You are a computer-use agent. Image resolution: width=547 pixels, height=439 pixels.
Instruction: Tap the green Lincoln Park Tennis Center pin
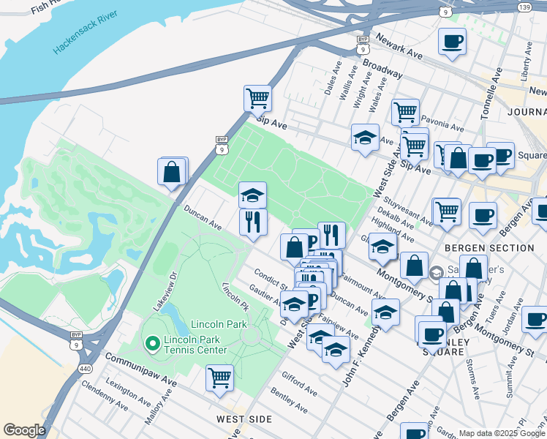152,342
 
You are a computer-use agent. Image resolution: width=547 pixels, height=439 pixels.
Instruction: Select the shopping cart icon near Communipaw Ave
219,378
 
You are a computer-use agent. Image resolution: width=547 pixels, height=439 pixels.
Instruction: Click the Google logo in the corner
23,430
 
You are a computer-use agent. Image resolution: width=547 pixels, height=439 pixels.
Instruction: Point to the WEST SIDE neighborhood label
244,420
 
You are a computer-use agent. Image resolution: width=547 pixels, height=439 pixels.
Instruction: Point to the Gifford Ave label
299,383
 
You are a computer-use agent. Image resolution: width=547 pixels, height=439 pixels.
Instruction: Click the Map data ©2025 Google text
502,433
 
